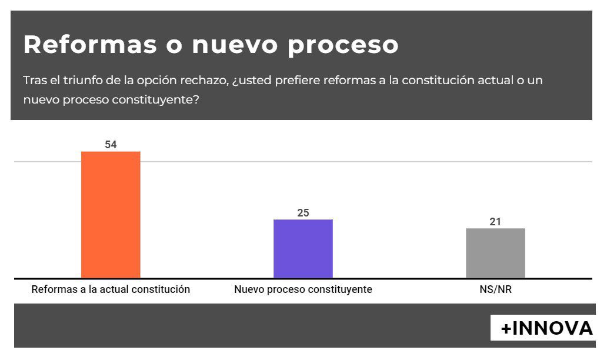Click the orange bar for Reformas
[x=111, y=214]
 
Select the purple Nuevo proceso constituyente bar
[x=303, y=248]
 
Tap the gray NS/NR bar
[x=495, y=253]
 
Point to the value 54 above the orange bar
[x=111, y=144]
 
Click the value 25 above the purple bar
[x=303, y=212]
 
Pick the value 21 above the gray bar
[x=495, y=222]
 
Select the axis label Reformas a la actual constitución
[x=111, y=289]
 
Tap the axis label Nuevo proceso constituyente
[x=303, y=289]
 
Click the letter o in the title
[x=174, y=46]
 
